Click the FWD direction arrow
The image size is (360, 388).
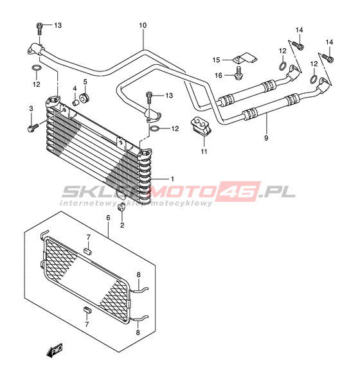55,350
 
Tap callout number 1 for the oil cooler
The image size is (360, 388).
172,179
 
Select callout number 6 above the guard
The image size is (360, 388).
108,218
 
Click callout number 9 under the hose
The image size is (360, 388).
266,138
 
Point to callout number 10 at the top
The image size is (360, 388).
143,25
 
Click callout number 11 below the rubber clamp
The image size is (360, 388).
204,151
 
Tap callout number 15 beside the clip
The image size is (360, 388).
216,60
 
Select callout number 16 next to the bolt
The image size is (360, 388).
219,75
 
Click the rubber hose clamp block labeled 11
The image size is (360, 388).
201,126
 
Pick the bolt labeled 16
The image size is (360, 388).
238,73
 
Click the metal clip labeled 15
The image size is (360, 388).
245,58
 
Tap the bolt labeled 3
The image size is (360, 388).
32,128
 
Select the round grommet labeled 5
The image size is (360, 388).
84,98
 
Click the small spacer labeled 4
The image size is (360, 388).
75,102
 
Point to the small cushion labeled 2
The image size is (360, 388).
121,207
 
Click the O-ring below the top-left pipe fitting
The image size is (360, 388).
36,67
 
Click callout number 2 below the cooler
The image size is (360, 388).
122,225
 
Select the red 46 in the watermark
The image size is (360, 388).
239,191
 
